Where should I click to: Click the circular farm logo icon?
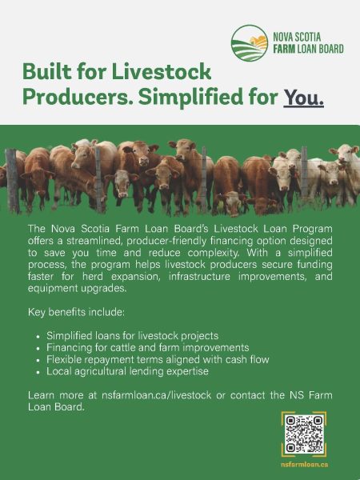[x=250, y=43]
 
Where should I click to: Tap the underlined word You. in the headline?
[x=303, y=98]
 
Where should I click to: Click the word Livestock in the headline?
[x=162, y=72]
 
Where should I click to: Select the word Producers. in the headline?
[x=78, y=97]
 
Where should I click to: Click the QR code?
[x=304, y=434]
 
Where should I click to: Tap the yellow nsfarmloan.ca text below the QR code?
[x=304, y=464]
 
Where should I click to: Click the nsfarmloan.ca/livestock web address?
[x=157, y=395]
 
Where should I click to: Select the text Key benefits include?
[x=76, y=312]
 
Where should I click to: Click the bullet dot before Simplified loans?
[x=38, y=337]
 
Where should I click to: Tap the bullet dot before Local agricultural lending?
[x=38, y=372]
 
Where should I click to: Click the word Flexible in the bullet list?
[x=64, y=359]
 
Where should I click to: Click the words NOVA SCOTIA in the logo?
[x=297, y=38]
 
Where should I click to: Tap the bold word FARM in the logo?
[x=284, y=49]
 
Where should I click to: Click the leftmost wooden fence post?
[x=13, y=181]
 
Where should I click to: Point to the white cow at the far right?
[x=347, y=171]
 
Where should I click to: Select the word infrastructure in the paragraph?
[x=199, y=277]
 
